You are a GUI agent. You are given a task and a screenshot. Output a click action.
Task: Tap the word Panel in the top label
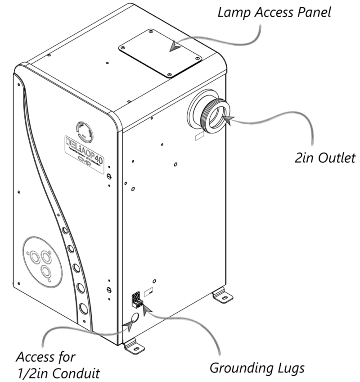point(313,12)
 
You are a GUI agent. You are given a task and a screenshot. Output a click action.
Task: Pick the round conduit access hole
point(130,319)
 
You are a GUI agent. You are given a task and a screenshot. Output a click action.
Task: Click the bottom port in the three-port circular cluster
point(46,272)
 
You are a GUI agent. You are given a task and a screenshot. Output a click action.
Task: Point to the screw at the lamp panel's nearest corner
point(167,75)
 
